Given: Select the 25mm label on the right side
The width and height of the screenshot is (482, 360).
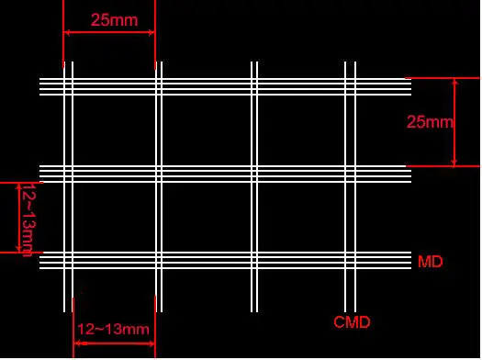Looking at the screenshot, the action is [x=430, y=122].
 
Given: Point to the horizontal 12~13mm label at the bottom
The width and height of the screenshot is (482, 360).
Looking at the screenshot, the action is [x=112, y=329].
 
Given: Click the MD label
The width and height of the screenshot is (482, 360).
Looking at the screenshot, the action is [x=430, y=263].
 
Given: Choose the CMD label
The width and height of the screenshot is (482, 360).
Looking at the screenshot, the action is [x=352, y=322].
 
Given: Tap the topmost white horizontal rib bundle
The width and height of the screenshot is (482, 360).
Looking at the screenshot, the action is [x=225, y=86].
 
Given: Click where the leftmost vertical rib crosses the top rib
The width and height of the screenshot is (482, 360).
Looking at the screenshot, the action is [x=68, y=86].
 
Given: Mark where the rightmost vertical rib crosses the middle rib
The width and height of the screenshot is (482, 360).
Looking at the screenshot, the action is [x=350, y=174].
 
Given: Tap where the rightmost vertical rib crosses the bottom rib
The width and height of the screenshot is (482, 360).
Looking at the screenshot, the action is [x=350, y=260].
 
